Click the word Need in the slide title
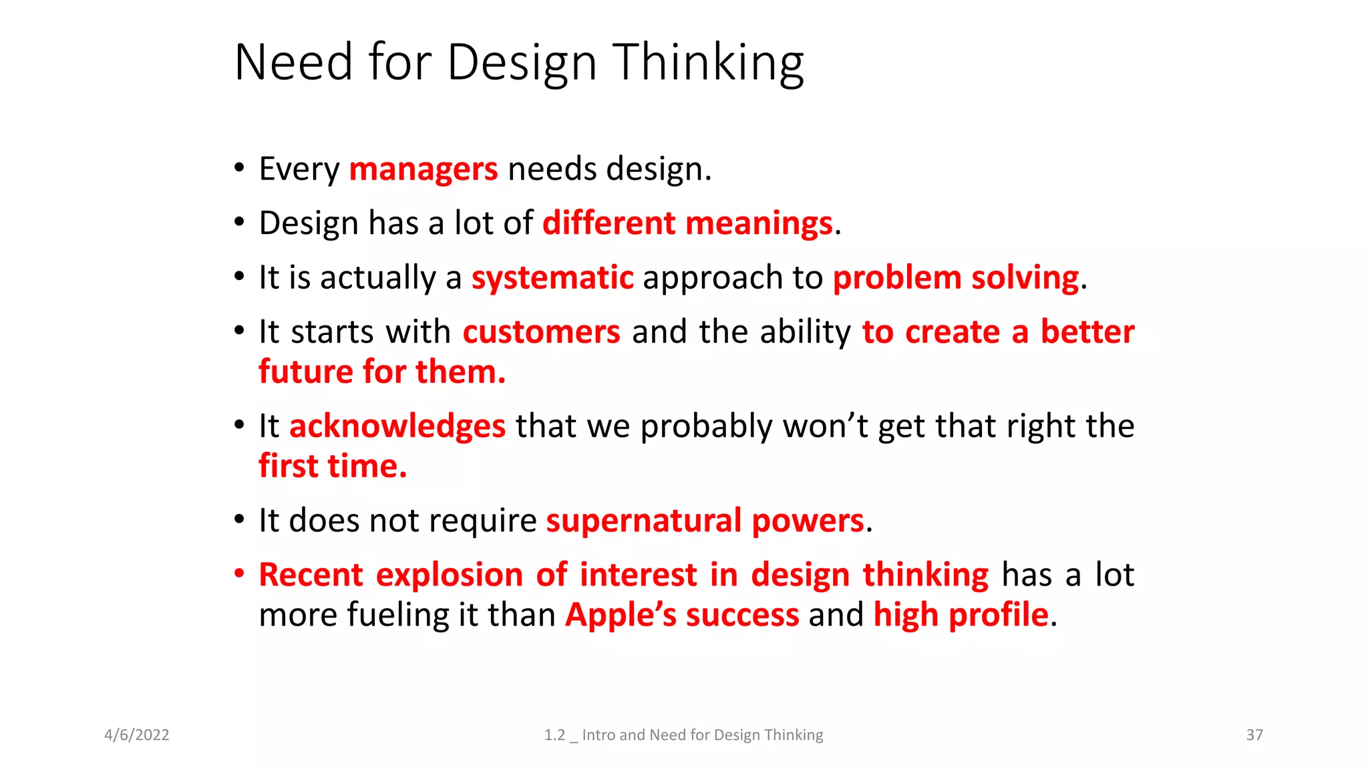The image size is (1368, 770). pos(293,62)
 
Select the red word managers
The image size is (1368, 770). pos(423,169)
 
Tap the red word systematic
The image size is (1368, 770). pos(552,277)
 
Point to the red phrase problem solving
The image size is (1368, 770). pos(956,277)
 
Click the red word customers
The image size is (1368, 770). pos(542,332)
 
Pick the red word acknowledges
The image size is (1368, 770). pos(397,426)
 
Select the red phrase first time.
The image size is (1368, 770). pos(333,467)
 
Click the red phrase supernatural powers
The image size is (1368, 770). pos(705,521)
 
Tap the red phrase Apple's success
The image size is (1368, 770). pos(682,615)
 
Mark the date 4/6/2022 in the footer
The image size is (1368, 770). pos(137,735)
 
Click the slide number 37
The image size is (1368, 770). pos(1254,735)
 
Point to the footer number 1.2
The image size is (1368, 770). pos(554,735)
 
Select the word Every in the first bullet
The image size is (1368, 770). pos(299,169)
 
